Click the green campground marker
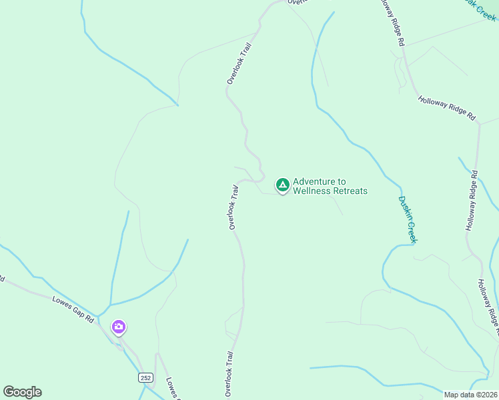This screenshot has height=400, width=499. [282, 185]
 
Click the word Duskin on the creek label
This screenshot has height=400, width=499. [405, 207]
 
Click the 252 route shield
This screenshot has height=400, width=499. [146, 377]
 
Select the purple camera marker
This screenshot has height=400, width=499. [118, 327]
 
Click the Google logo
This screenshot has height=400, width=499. [22, 392]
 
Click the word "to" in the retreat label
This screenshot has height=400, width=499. [342, 181]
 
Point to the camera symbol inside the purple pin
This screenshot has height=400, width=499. [118, 326]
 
